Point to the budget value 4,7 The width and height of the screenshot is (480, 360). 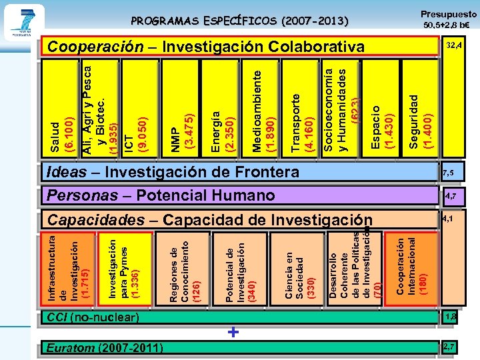click(451, 196)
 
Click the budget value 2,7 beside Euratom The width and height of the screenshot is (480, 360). click(449, 347)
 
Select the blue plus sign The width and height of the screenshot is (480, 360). click(233, 332)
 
